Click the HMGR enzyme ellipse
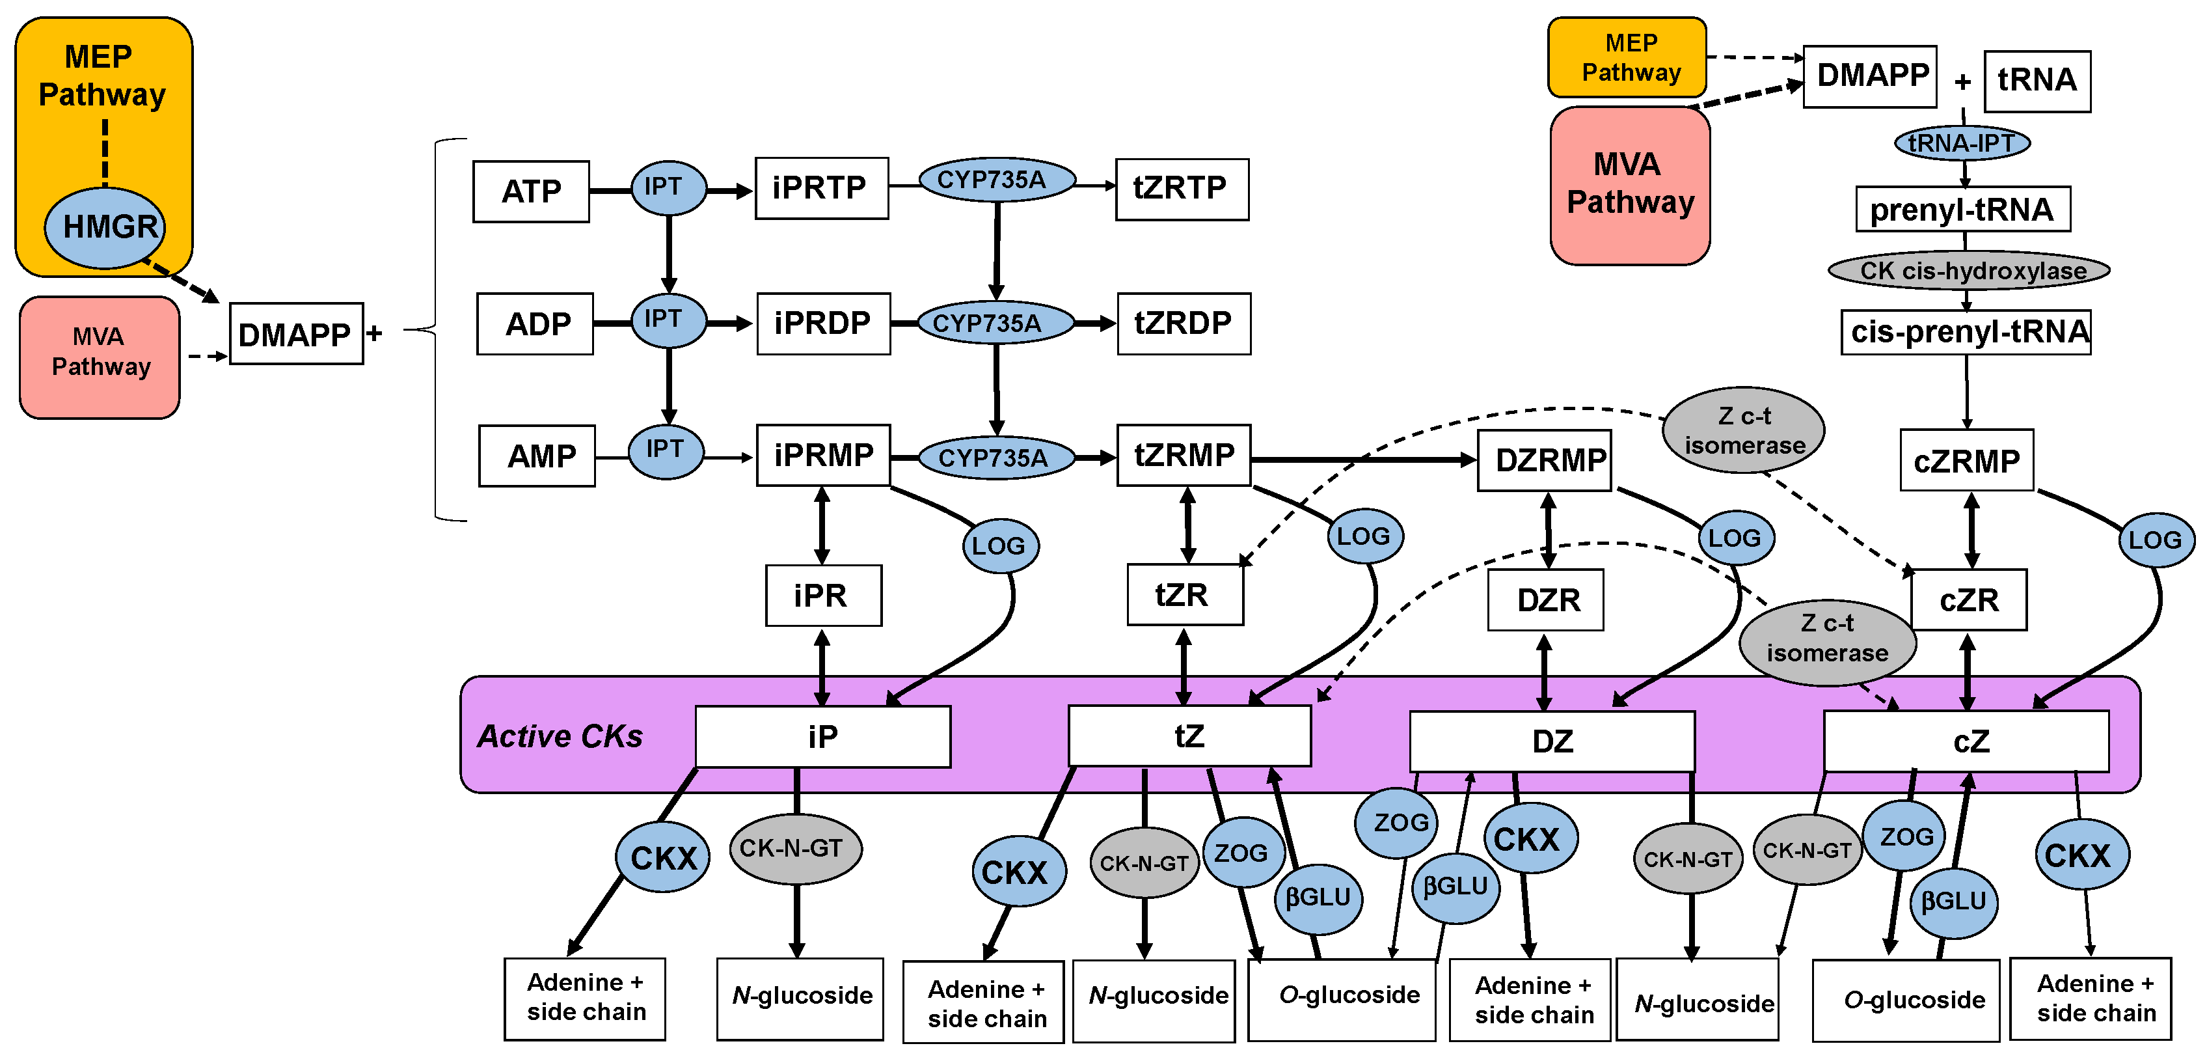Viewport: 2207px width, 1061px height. tap(105, 227)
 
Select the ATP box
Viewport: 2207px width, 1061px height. tap(531, 191)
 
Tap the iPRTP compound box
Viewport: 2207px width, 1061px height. tap(820, 187)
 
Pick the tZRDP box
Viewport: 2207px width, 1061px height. tap(1183, 323)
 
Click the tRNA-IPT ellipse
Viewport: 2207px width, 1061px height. tap(1962, 143)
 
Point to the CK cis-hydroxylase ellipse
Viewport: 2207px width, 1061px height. tap(1969, 271)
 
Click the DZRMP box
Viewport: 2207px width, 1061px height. tap(1545, 460)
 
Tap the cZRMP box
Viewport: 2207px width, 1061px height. tap(1966, 460)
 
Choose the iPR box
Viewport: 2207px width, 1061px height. tap(823, 595)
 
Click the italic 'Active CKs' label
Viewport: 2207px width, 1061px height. tap(560, 736)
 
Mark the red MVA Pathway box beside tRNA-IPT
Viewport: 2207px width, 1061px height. tap(1629, 185)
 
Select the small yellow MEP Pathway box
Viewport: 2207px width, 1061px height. tap(1627, 57)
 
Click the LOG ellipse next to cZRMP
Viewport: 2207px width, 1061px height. tap(2155, 540)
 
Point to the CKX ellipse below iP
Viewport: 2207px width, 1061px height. tap(662, 857)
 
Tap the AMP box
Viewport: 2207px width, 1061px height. tap(537, 456)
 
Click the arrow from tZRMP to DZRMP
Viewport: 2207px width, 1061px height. tap(1362, 460)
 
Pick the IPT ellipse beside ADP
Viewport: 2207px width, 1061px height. tap(668, 320)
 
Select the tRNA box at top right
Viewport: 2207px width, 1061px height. tap(2037, 81)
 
